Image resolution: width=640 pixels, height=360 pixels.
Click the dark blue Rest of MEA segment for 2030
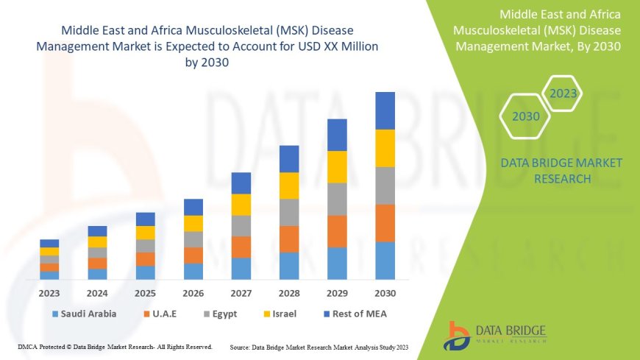(x=385, y=110)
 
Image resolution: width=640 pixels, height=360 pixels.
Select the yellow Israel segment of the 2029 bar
(x=337, y=166)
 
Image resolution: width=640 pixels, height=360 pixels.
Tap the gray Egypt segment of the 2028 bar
(x=289, y=212)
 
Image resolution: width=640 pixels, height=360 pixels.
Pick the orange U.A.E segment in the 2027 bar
(x=241, y=247)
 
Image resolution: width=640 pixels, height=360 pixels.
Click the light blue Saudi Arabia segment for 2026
(x=193, y=271)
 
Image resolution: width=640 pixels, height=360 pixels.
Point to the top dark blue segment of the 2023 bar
(x=49, y=243)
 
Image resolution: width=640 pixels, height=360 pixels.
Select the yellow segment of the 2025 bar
(x=146, y=233)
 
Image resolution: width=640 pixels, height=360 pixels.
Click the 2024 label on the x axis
(x=97, y=293)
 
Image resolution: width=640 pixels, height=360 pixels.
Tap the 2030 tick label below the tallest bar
(x=385, y=293)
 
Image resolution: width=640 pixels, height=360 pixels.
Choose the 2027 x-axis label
(x=241, y=293)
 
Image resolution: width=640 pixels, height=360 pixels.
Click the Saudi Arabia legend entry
(x=83, y=314)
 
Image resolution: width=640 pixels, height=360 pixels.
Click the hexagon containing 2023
(x=563, y=93)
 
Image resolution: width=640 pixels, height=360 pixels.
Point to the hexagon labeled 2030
(x=526, y=116)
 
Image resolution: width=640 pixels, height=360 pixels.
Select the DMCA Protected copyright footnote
(x=115, y=346)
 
